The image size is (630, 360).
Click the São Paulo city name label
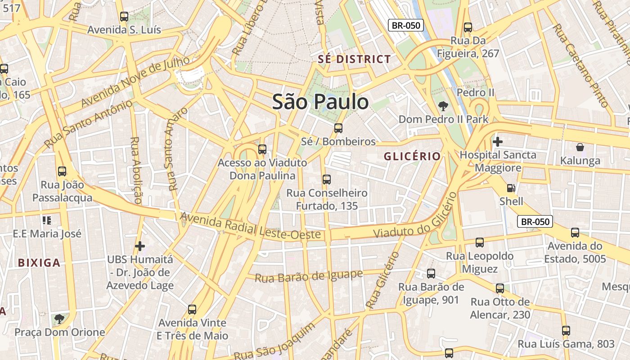(x=320, y=102)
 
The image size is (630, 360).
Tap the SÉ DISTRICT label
(x=354, y=59)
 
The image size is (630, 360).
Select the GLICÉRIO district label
(x=412, y=156)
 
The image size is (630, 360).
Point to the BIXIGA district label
(x=39, y=263)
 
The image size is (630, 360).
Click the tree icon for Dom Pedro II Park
(x=443, y=106)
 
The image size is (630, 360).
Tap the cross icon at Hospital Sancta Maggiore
(x=497, y=142)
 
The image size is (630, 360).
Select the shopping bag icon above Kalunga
(x=580, y=147)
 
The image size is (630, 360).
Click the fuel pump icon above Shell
(x=511, y=188)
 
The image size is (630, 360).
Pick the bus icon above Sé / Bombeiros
(x=338, y=128)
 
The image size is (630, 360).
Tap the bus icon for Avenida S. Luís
(x=124, y=17)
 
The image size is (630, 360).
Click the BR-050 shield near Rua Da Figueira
(x=406, y=25)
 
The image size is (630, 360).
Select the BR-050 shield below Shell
(x=535, y=221)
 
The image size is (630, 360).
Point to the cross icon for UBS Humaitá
(x=140, y=246)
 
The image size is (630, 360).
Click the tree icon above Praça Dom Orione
(x=59, y=319)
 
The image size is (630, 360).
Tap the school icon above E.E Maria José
(x=47, y=220)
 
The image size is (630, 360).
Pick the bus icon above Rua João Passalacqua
(x=62, y=171)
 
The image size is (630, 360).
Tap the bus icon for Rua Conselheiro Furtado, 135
(x=327, y=180)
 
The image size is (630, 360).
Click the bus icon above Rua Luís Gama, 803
(x=566, y=331)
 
